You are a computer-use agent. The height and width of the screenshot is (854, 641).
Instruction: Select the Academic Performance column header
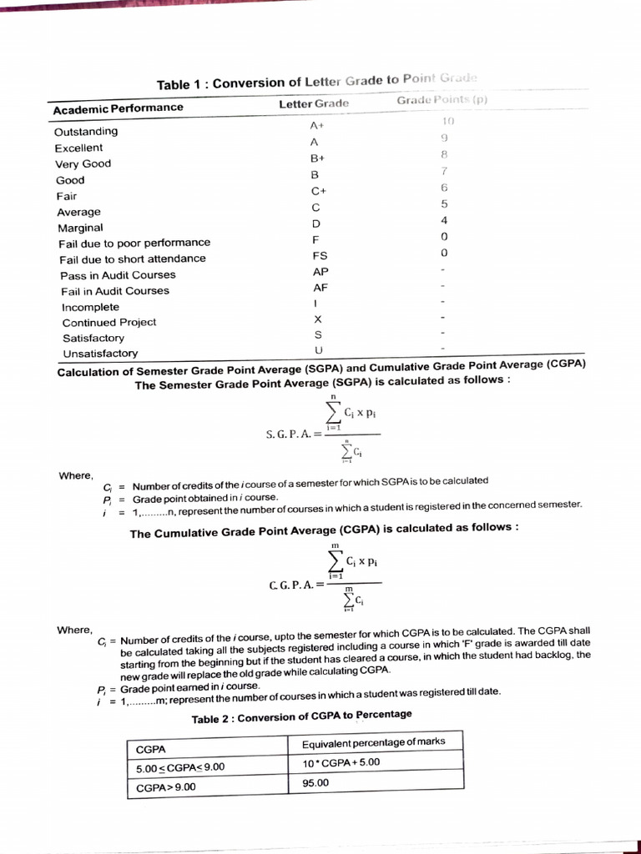pos(118,108)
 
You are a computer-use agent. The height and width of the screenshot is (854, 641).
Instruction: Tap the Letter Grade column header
pos(313,103)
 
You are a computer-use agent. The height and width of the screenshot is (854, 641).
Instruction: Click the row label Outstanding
pos(86,132)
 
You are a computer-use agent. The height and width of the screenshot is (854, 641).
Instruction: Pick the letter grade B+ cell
pos(316,158)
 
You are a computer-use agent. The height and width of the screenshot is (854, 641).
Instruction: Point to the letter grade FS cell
pos(319,255)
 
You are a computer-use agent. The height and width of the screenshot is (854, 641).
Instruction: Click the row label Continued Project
pos(109,323)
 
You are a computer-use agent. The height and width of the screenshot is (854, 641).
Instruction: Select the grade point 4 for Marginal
pos(444,220)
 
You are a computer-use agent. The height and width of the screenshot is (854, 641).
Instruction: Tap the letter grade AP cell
pos(320,272)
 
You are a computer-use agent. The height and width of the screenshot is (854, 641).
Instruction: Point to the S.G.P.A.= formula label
pos(292,434)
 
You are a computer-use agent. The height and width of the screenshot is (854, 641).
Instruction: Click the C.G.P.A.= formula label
pos(291,585)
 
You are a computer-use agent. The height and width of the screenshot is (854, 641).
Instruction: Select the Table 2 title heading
pos(301,717)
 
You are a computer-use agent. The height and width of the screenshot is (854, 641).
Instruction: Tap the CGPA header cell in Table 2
pos(150,749)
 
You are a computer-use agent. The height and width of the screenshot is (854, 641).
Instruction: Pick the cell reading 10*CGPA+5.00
pos(341,762)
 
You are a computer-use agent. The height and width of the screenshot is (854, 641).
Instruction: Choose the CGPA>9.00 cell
pos(165,786)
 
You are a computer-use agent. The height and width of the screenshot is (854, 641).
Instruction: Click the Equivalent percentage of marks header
pos(373,741)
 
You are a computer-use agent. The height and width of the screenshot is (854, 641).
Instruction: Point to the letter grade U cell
pos(318,349)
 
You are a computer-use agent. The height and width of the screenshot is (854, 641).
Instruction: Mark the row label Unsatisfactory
pos(100,354)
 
